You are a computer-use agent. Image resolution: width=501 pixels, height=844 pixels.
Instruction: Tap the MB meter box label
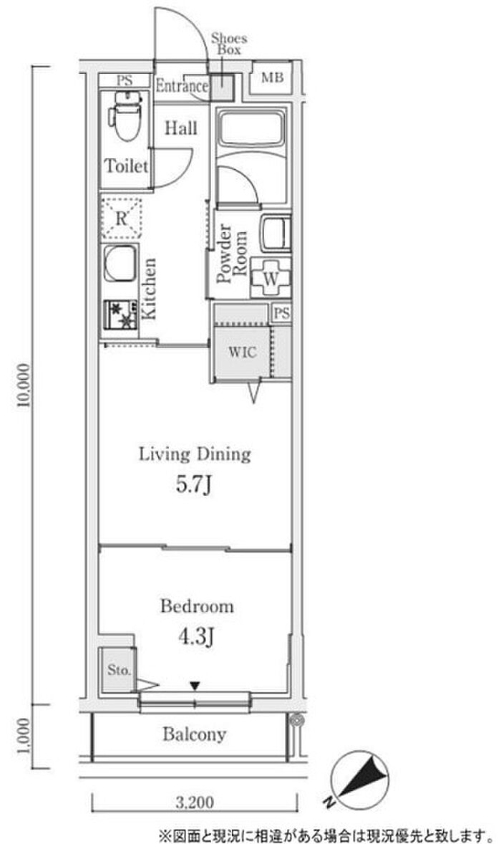pos(272,78)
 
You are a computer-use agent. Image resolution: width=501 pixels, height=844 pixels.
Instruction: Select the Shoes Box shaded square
pos(221,86)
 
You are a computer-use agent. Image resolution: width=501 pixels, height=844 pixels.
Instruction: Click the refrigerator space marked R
pos(122,218)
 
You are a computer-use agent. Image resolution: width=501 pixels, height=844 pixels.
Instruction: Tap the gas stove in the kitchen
pos(121,315)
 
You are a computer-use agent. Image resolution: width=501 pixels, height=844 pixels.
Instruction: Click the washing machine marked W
pos(271,278)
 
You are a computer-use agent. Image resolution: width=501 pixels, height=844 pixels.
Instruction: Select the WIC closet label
pos(243,353)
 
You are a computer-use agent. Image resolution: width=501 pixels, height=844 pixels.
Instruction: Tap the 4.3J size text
pos(197,638)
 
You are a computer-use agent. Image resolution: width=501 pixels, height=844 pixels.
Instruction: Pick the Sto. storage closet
pos(118,670)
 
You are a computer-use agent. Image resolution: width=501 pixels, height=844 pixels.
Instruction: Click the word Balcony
pos(194,734)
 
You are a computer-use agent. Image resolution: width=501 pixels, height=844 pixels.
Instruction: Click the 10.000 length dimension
pos(24,385)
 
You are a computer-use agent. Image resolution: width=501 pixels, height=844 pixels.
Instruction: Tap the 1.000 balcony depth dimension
pos(24,737)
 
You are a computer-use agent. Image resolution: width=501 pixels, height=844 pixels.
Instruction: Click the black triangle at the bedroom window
pos(195,686)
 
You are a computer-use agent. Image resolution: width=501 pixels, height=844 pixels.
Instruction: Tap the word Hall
pos(180,128)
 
